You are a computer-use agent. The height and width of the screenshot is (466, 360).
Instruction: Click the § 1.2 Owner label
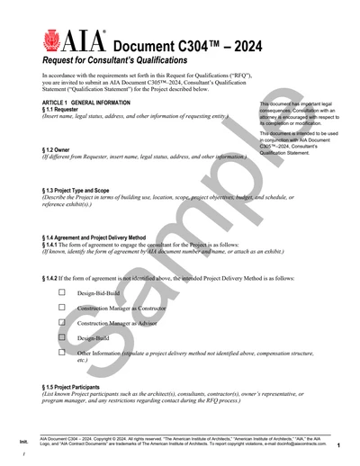57,150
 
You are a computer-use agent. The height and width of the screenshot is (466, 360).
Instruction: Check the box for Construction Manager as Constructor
62,307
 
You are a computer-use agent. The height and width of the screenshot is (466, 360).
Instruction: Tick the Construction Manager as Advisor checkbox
62,322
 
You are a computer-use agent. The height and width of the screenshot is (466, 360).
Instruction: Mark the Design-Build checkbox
62,337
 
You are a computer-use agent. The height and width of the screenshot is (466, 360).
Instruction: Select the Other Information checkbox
62,353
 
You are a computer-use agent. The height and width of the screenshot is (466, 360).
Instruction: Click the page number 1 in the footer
337,445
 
